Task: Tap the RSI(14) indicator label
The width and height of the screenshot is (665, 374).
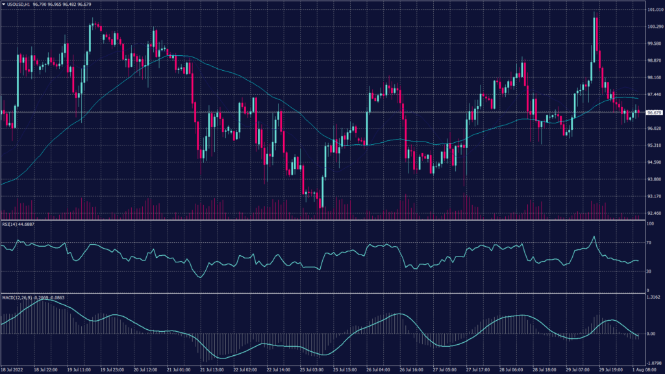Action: pyautogui.click(x=17, y=224)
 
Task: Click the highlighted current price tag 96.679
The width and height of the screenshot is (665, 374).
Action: pyautogui.click(x=653, y=112)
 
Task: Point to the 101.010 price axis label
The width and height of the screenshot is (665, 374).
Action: pyautogui.click(x=653, y=10)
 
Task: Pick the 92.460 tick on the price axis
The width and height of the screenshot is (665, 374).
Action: pyautogui.click(x=653, y=213)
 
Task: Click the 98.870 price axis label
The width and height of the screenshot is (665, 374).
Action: pyautogui.click(x=653, y=61)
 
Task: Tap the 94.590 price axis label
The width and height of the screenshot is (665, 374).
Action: pyautogui.click(x=653, y=162)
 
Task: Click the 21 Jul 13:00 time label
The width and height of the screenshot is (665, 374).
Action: pyautogui.click(x=210, y=369)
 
